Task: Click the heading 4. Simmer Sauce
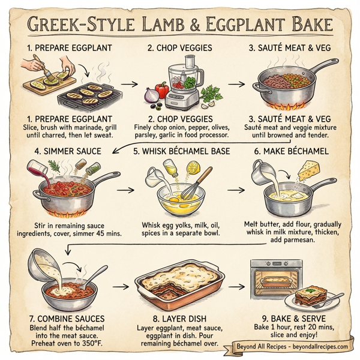click(60, 152)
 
